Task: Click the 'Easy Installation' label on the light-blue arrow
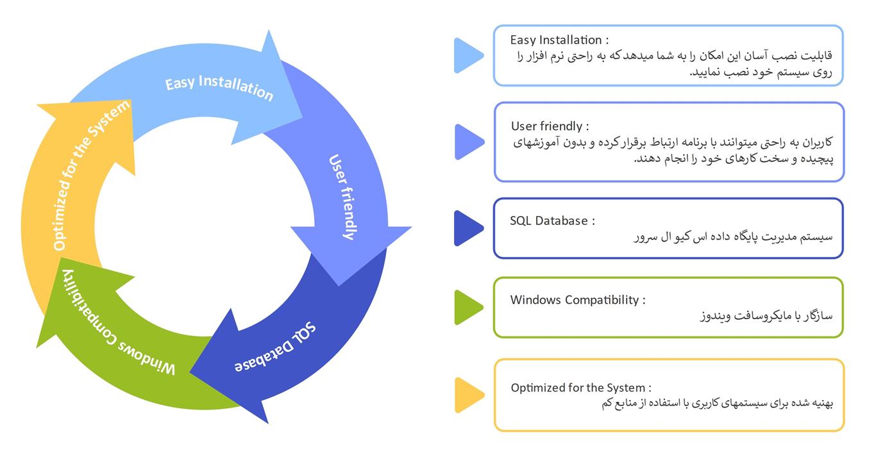tap(219, 88)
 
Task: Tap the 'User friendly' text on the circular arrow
tap(342, 197)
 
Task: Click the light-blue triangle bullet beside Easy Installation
tap(467, 55)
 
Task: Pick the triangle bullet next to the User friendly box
tap(468, 142)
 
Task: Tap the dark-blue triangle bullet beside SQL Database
tap(467, 228)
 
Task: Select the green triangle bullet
tap(467, 307)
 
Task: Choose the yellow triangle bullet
tap(468, 395)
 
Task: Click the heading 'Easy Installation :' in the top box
tap(559, 40)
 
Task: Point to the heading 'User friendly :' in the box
tap(550, 126)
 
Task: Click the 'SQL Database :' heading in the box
tap(552, 220)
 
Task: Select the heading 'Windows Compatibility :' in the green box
tap(577, 299)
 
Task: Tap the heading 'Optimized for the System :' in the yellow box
tap(581, 387)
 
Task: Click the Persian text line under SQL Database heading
tap(733, 237)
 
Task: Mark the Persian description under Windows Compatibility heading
tap(766, 315)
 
